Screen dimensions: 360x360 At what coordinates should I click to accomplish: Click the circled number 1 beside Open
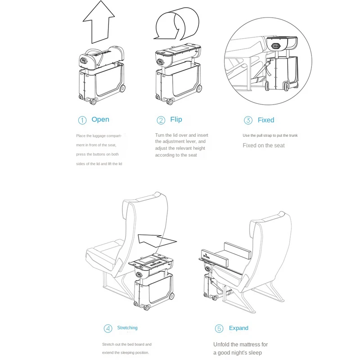point(82,120)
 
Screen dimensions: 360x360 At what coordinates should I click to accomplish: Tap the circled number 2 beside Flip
point(161,120)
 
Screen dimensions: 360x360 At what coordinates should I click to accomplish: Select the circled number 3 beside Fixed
point(248,120)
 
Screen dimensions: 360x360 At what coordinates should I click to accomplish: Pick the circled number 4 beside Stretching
point(108,328)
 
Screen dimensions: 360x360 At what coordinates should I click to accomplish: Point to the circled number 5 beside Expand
point(219,328)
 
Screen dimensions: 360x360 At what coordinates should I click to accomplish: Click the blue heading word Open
point(100,119)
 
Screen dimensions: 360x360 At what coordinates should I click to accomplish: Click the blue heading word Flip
point(176,119)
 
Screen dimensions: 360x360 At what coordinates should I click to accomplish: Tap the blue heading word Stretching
point(127,328)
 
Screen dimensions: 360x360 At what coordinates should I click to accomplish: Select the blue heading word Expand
point(238,328)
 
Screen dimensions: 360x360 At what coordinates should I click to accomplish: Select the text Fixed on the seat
point(264,145)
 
